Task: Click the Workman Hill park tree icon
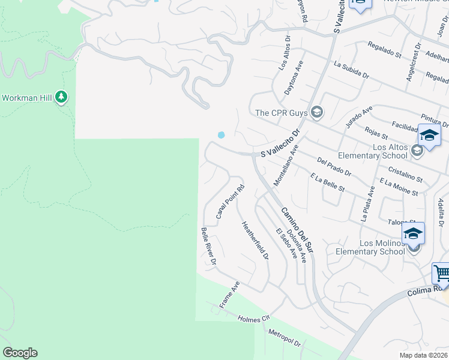pyautogui.click(x=61, y=97)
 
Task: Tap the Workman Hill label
pyautogui.click(x=27, y=97)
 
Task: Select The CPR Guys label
pyautogui.click(x=281, y=112)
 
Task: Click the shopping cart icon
pyautogui.click(x=442, y=274)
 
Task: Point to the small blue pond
pyautogui.click(x=221, y=135)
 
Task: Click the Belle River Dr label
pyautogui.click(x=208, y=246)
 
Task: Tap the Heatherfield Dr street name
pyautogui.click(x=255, y=240)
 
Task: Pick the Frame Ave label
pyautogui.click(x=229, y=295)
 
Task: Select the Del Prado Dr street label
pyautogui.click(x=334, y=167)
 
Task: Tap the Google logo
pyautogui.click(x=20, y=353)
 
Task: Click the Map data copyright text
pyautogui.click(x=422, y=355)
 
